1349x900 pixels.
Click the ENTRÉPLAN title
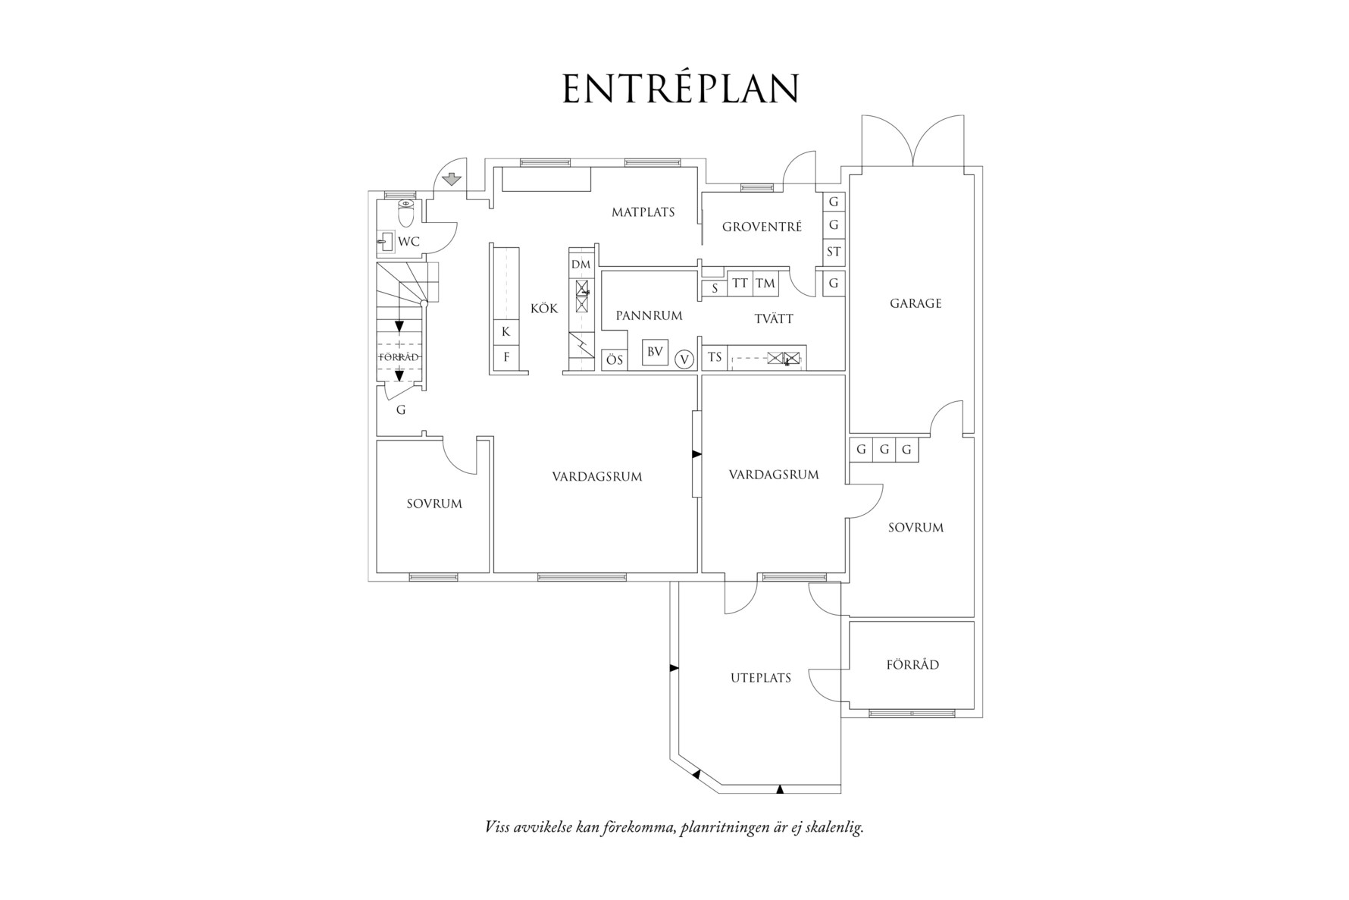click(x=681, y=89)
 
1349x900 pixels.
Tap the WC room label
click(x=408, y=242)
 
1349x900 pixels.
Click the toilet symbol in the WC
click(x=406, y=214)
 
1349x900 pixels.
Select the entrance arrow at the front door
click(x=452, y=180)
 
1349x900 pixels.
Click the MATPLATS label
click(x=643, y=212)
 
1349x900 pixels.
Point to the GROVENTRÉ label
click(x=761, y=227)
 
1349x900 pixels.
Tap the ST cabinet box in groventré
click(x=834, y=252)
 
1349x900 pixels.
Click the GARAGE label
click(x=915, y=303)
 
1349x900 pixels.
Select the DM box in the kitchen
click(x=581, y=265)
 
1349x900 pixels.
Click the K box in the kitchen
click(x=505, y=332)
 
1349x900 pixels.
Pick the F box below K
click(x=506, y=356)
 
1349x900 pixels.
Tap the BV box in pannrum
click(x=655, y=352)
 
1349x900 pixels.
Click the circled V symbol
click(x=684, y=359)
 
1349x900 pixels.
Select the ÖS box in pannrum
click(x=615, y=359)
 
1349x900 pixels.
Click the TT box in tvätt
click(x=740, y=284)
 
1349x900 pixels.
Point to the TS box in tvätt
click(x=715, y=357)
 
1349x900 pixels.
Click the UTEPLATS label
click(x=760, y=678)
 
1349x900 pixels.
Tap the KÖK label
click(x=543, y=309)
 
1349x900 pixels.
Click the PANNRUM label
click(x=649, y=315)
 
